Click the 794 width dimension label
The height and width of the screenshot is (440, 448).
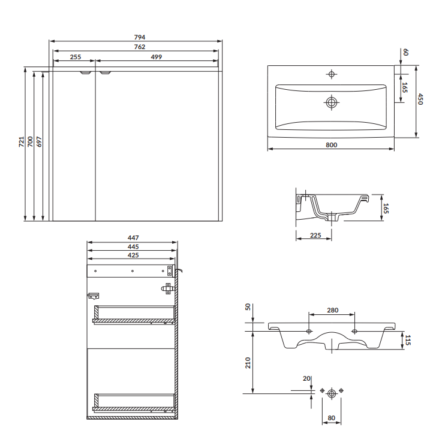140,37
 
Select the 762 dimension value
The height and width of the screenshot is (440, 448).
140,47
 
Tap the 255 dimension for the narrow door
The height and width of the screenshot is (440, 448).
76,57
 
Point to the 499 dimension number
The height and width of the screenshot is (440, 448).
157,57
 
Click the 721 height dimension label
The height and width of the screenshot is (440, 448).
22,142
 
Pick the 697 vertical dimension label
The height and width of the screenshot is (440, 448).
39,142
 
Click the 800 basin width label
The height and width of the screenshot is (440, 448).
332,145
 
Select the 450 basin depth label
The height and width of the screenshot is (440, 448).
420,99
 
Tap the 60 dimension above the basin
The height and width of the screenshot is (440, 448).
405,53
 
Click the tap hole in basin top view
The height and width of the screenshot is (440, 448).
332,74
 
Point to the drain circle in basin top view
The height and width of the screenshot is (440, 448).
332,102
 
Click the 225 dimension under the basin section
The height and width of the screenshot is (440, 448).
315,235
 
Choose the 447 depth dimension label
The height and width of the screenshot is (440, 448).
133,238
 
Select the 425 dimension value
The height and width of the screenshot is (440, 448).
133,255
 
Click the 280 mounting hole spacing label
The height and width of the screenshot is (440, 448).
333,310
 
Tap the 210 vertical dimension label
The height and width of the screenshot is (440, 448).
248,363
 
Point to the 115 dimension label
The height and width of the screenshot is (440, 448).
408,340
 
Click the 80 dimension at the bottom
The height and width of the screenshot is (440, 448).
332,418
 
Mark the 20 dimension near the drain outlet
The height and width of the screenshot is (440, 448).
306,378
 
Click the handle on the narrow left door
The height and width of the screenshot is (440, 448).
85,72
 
